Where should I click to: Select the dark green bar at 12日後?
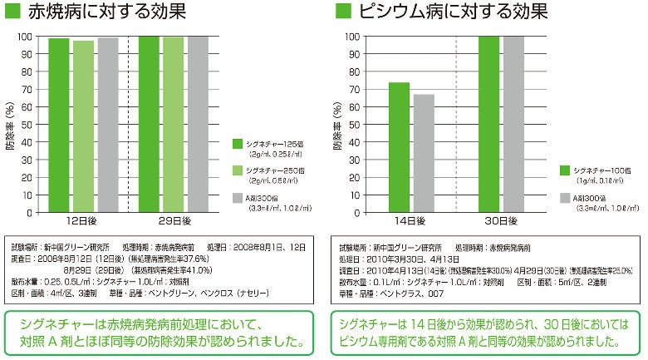58,125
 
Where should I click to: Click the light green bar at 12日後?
83,126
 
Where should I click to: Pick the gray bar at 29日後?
198,124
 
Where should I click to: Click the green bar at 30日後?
488,124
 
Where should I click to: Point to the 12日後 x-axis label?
83,221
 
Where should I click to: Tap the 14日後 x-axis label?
411,221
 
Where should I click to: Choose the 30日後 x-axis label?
501,221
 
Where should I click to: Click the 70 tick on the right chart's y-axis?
353,90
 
